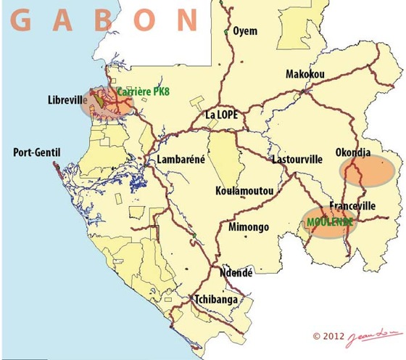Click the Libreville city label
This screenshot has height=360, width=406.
point(67,99)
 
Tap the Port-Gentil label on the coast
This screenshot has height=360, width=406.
point(39,152)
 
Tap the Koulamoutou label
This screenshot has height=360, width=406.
point(244,191)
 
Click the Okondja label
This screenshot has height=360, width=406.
point(356,153)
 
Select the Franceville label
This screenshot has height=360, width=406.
point(352,206)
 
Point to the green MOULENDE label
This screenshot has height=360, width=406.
point(330,220)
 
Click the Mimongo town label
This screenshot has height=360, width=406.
point(249,227)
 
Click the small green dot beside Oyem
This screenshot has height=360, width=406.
point(226,33)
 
